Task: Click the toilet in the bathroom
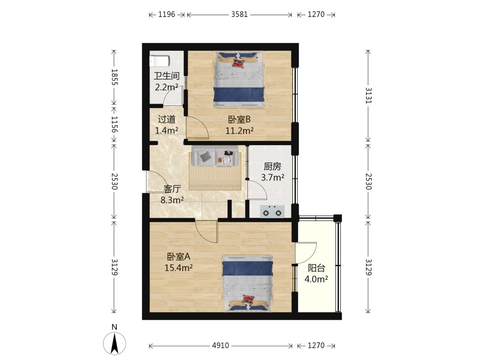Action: (x=159, y=61)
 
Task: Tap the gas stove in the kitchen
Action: (x=272, y=212)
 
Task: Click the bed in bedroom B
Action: (x=239, y=79)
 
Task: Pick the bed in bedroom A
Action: (x=248, y=283)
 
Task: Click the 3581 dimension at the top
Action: (x=240, y=15)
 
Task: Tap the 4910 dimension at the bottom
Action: (x=220, y=346)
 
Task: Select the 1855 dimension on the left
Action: (x=115, y=77)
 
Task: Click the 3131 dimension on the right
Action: (x=368, y=96)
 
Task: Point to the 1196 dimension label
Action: (x=166, y=15)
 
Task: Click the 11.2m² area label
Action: (x=240, y=131)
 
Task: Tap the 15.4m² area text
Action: (x=179, y=268)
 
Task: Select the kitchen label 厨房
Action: (x=272, y=166)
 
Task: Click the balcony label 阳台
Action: (x=317, y=268)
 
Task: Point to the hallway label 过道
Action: (x=166, y=119)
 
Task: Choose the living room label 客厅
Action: (x=172, y=189)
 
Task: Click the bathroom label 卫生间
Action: (x=166, y=76)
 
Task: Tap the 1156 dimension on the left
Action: (x=115, y=124)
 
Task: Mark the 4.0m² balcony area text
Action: (x=317, y=279)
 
